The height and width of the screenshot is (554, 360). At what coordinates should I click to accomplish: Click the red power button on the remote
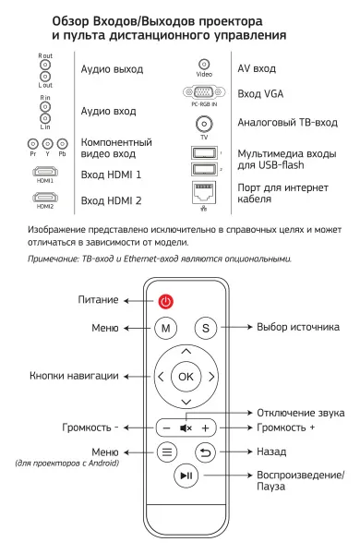coord(166,300)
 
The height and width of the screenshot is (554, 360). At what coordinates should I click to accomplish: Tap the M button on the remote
coord(166,328)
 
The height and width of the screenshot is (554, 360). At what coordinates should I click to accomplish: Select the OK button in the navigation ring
coord(186,376)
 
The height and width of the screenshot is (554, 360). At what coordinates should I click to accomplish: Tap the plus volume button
coord(206,428)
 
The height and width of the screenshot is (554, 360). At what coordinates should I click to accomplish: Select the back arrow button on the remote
coord(206,453)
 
